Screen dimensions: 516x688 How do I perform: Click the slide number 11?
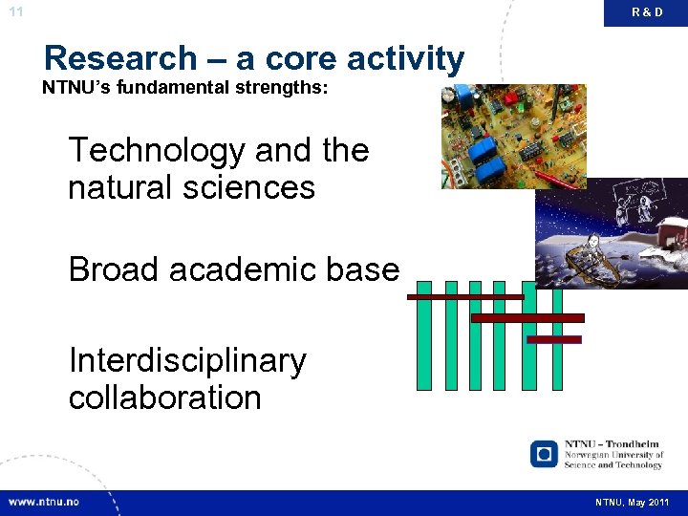[x=14, y=11]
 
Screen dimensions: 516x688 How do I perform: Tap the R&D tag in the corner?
[x=647, y=12]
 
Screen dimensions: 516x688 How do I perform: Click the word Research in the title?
[x=118, y=58]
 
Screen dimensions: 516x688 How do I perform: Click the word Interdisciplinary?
[x=187, y=361]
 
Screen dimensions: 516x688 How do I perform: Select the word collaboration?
[x=164, y=398]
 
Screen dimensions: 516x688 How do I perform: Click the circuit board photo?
[x=513, y=136]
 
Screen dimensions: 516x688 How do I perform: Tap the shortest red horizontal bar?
[x=553, y=339]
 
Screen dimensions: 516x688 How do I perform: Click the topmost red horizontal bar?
[x=464, y=297]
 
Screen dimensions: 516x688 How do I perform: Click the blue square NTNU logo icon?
[x=544, y=454]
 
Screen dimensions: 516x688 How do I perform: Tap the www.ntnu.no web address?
[x=46, y=502]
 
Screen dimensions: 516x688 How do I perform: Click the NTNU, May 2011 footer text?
[x=633, y=502]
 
